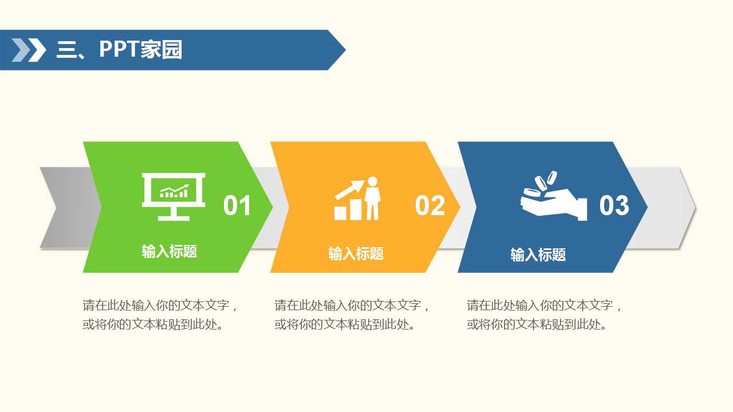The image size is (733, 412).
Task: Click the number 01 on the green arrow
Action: (237, 206)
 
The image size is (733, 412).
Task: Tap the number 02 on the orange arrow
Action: (429, 206)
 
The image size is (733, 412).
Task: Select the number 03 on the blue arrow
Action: (614, 206)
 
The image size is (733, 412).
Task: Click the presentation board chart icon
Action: (174, 196)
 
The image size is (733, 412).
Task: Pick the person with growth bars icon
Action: (357, 199)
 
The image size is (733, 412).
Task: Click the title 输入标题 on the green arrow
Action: (170, 251)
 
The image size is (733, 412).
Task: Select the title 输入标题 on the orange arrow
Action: (356, 253)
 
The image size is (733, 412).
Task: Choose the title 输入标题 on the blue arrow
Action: (538, 255)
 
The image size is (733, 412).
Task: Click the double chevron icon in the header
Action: (29, 50)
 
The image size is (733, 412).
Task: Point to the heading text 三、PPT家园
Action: (119, 50)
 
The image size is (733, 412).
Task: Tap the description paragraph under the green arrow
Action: (160, 315)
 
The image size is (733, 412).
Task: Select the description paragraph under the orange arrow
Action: (352, 315)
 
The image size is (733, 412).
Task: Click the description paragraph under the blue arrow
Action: (544, 315)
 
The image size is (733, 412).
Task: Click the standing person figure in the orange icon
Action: (373, 198)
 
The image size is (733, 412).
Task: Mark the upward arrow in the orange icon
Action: (350, 189)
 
